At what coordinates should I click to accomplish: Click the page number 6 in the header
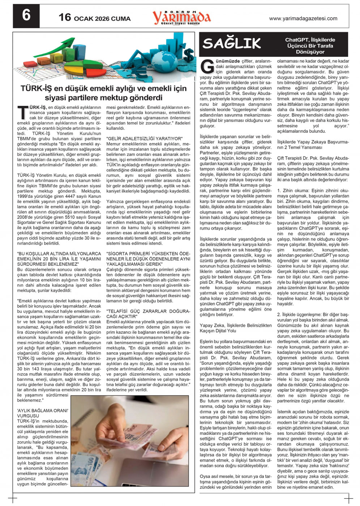pos(26,16)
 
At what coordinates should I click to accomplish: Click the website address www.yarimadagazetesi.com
pos(303,18)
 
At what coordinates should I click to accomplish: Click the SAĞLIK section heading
pos(232,44)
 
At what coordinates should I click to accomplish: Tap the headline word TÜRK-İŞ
pos(36,88)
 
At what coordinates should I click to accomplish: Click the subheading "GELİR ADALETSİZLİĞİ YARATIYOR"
pos(145,139)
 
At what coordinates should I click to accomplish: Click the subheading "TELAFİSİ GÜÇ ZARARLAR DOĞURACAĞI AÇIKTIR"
pos(148,313)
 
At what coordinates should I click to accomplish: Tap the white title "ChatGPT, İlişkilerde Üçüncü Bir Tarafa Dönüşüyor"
pos(310,46)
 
